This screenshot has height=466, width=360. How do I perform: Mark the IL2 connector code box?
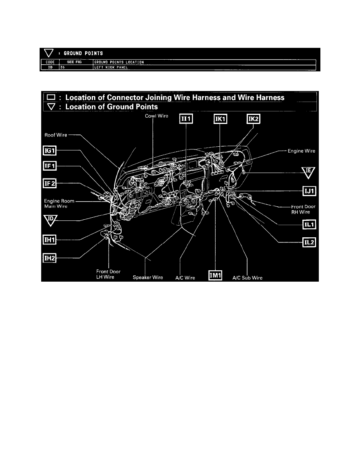coord(310,242)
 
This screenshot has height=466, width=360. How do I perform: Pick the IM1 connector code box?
coord(216,276)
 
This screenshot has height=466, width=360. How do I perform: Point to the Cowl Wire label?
coord(156,116)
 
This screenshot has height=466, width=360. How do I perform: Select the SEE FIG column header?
coord(75,62)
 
